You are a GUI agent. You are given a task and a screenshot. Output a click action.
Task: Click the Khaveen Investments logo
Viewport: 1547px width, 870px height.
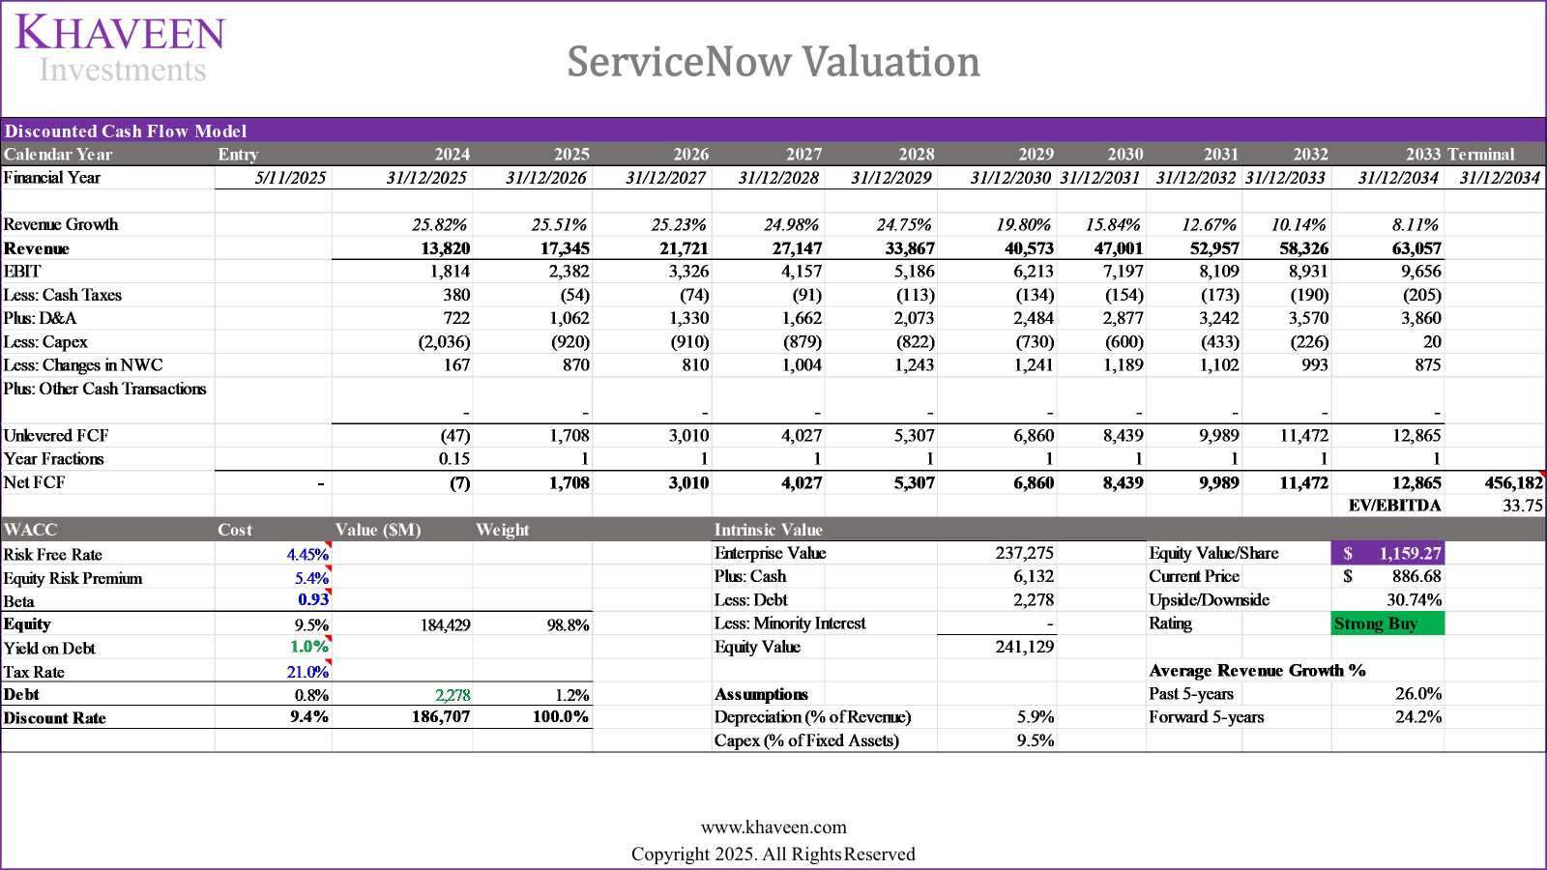(121, 48)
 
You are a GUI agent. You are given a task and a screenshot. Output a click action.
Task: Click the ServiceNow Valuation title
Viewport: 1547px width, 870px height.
(773, 62)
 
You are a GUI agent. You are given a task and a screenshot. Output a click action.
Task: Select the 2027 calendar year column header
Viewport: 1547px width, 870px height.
(803, 155)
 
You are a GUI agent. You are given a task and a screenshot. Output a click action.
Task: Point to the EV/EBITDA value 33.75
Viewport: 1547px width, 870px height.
(1522, 506)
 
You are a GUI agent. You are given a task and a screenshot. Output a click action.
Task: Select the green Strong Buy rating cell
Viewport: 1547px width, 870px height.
(1386, 623)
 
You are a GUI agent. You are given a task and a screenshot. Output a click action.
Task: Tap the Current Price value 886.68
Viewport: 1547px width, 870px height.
(1416, 576)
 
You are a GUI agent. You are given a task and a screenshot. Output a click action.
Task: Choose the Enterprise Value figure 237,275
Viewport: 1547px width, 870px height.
(1024, 553)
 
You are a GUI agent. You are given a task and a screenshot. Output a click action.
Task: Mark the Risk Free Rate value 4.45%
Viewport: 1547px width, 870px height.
(307, 555)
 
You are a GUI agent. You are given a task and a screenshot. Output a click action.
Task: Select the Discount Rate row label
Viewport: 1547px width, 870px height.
(55, 718)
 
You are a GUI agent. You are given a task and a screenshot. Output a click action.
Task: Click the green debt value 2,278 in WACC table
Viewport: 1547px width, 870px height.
(452, 695)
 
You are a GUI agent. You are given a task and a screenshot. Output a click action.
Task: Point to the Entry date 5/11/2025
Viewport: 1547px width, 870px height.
(290, 178)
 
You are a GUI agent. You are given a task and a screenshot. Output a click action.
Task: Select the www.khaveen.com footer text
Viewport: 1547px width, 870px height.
(773, 827)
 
